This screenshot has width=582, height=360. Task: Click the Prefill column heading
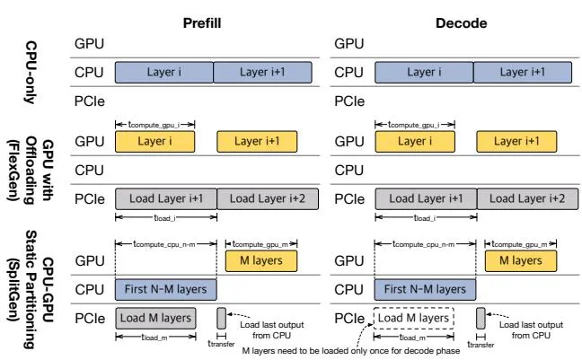click(202, 23)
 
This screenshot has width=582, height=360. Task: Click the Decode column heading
click(461, 23)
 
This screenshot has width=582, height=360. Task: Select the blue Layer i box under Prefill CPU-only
click(164, 73)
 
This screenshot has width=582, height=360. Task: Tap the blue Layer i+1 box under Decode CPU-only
click(523, 73)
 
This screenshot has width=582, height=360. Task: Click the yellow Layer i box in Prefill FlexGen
click(154, 142)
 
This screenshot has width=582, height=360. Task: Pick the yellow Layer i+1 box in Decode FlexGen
click(516, 142)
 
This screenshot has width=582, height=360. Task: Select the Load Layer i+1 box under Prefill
click(166, 199)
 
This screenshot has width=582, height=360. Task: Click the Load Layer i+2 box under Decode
click(527, 199)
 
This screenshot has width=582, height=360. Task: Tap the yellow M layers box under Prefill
click(261, 261)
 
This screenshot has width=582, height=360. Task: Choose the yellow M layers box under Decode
click(521, 261)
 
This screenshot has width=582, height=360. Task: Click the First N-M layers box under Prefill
click(165, 289)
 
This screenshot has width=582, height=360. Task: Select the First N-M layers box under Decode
click(425, 289)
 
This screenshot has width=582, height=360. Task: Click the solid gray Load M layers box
click(155, 318)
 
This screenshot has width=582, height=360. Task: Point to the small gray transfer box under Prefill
click(221, 318)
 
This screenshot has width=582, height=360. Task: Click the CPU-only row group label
click(31, 73)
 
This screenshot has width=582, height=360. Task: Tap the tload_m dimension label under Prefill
click(154, 338)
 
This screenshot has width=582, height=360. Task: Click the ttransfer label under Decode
click(481, 345)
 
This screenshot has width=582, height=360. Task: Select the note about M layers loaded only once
click(351, 351)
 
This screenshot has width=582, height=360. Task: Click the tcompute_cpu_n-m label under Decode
click(424, 244)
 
